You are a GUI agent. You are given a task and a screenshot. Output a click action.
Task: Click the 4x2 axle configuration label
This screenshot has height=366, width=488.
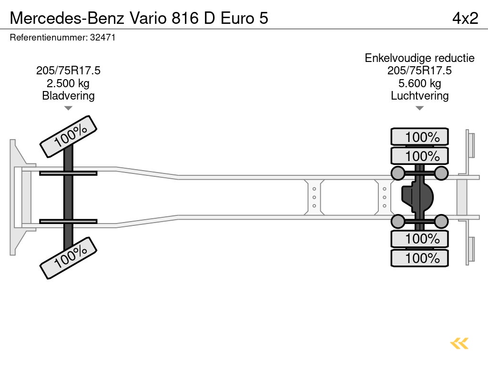pyautogui.click(x=465, y=18)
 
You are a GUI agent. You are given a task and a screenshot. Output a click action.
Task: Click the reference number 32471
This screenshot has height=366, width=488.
pyautogui.click(x=102, y=38)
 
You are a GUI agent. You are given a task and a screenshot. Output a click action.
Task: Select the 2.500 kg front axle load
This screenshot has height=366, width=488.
pyautogui.click(x=68, y=83)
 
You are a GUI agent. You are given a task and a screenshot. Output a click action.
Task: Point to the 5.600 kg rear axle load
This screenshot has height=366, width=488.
pyautogui.click(x=419, y=83)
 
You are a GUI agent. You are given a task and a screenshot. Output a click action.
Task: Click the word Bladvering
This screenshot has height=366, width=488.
pyautogui.click(x=68, y=96)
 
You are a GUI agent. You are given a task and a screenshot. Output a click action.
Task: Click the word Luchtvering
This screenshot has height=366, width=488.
pyautogui.click(x=419, y=96)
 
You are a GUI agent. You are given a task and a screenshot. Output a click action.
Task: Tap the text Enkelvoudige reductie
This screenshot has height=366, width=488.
pyautogui.click(x=419, y=58)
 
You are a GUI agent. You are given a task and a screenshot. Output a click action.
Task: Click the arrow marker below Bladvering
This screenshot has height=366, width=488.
pyautogui.click(x=68, y=108)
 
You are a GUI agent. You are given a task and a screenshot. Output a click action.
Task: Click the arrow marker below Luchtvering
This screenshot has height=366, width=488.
pyautogui.click(x=419, y=108)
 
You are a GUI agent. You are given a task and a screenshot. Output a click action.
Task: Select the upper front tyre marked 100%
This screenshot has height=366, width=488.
pyautogui.click(x=69, y=136)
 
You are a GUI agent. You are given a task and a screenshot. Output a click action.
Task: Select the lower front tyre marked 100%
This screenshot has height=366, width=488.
pyautogui.click(x=69, y=258)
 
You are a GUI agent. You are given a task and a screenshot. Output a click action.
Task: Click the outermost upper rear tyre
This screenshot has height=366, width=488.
pyautogui.click(x=419, y=137)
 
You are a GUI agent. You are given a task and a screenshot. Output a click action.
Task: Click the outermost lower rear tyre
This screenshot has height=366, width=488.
pyautogui.click(x=419, y=258)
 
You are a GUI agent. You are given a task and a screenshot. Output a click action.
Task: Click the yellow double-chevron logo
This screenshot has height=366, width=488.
pyautogui.click(x=459, y=343)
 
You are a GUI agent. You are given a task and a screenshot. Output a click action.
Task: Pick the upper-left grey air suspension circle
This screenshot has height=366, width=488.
pyautogui.click(x=398, y=173)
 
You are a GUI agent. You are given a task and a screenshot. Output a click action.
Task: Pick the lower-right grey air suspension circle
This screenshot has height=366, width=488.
pyautogui.click(x=441, y=222)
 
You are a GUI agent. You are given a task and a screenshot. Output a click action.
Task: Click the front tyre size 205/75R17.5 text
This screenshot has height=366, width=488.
pyautogui.click(x=68, y=71)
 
